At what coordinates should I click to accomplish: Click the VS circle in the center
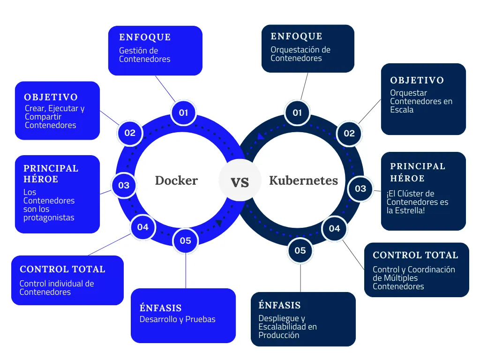240,181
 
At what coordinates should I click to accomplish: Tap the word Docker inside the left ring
176,180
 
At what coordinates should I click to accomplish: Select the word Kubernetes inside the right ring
303,180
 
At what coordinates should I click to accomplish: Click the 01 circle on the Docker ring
183,112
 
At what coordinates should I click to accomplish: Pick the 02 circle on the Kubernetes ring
349,133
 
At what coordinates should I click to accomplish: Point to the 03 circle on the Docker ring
124,185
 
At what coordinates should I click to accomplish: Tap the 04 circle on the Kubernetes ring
334,228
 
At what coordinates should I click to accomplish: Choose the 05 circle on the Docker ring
186,240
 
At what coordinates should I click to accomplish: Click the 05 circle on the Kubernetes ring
300,250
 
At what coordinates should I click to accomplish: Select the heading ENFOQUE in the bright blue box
145,37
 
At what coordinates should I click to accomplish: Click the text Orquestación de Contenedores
300,54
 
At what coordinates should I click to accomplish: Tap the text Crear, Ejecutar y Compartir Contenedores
54,117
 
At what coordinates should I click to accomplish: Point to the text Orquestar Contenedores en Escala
421,101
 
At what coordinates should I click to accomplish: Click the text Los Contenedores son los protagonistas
49,205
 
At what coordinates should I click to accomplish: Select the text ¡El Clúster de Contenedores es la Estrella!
417,202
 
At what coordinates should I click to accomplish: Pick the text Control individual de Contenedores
56,288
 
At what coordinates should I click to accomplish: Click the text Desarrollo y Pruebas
177,319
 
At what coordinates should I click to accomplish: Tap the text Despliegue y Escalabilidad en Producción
287,327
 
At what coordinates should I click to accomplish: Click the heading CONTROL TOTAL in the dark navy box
415,255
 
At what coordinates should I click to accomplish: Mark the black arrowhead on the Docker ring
218,223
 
